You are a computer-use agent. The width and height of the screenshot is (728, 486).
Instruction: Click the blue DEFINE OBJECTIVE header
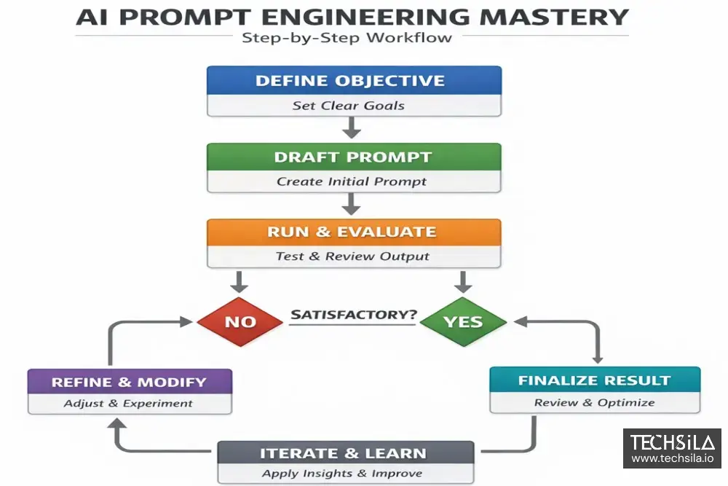point(354,80)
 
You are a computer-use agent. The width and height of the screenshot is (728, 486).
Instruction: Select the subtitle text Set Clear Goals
point(348,106)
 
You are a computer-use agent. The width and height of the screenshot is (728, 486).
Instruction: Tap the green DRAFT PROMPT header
point(354,157)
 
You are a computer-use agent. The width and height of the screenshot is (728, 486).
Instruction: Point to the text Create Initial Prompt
point(352,181)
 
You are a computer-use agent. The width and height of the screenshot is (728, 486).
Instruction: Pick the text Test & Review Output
point(352,256)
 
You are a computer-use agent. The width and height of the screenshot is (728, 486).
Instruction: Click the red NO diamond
point(240,321)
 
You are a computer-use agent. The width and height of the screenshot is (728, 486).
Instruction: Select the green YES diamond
point(463,321)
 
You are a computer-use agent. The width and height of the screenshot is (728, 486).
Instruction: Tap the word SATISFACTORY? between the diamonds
point(354,315)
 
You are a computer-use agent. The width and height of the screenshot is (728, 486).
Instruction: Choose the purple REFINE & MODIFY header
point(130,382)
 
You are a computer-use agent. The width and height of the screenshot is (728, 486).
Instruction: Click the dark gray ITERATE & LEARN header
point(345,453)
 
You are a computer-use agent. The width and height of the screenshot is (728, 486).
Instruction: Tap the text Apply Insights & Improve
point(342,474)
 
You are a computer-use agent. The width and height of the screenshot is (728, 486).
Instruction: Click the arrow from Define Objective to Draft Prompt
point(352,128)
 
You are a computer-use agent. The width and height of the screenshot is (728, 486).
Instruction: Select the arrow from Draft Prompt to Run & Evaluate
point(352,204)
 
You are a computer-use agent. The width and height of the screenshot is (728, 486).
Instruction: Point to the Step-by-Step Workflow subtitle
point(347,38)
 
